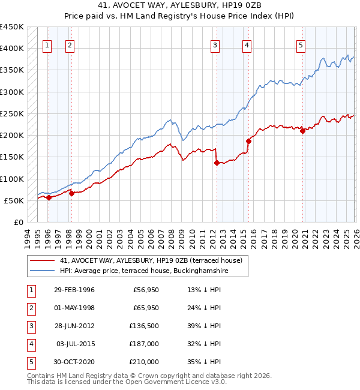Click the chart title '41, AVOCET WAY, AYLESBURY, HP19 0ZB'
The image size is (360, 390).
179,7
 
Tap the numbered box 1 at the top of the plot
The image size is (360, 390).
47,44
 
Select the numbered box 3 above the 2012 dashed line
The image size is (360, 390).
215,44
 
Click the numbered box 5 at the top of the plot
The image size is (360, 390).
301,44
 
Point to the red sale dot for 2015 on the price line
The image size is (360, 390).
248,141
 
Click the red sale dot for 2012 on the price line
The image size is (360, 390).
217,163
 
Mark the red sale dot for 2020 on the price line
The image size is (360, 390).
302,131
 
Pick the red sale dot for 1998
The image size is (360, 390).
71,193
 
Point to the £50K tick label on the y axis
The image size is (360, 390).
14,200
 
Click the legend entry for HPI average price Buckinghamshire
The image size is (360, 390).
144,271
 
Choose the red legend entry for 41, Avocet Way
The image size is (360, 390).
151,260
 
